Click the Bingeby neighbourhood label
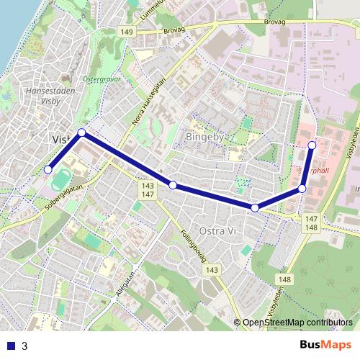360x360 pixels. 207,136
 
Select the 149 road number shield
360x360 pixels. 127,32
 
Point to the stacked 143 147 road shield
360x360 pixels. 147,190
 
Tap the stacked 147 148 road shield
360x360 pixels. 311,223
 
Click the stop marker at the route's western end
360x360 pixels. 48,169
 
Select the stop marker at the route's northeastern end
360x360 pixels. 312,145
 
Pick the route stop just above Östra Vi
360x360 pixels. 255,207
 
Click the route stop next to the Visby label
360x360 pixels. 82,132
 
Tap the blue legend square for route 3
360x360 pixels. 10,346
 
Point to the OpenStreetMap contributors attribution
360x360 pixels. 297,323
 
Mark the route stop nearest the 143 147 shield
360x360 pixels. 173,185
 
